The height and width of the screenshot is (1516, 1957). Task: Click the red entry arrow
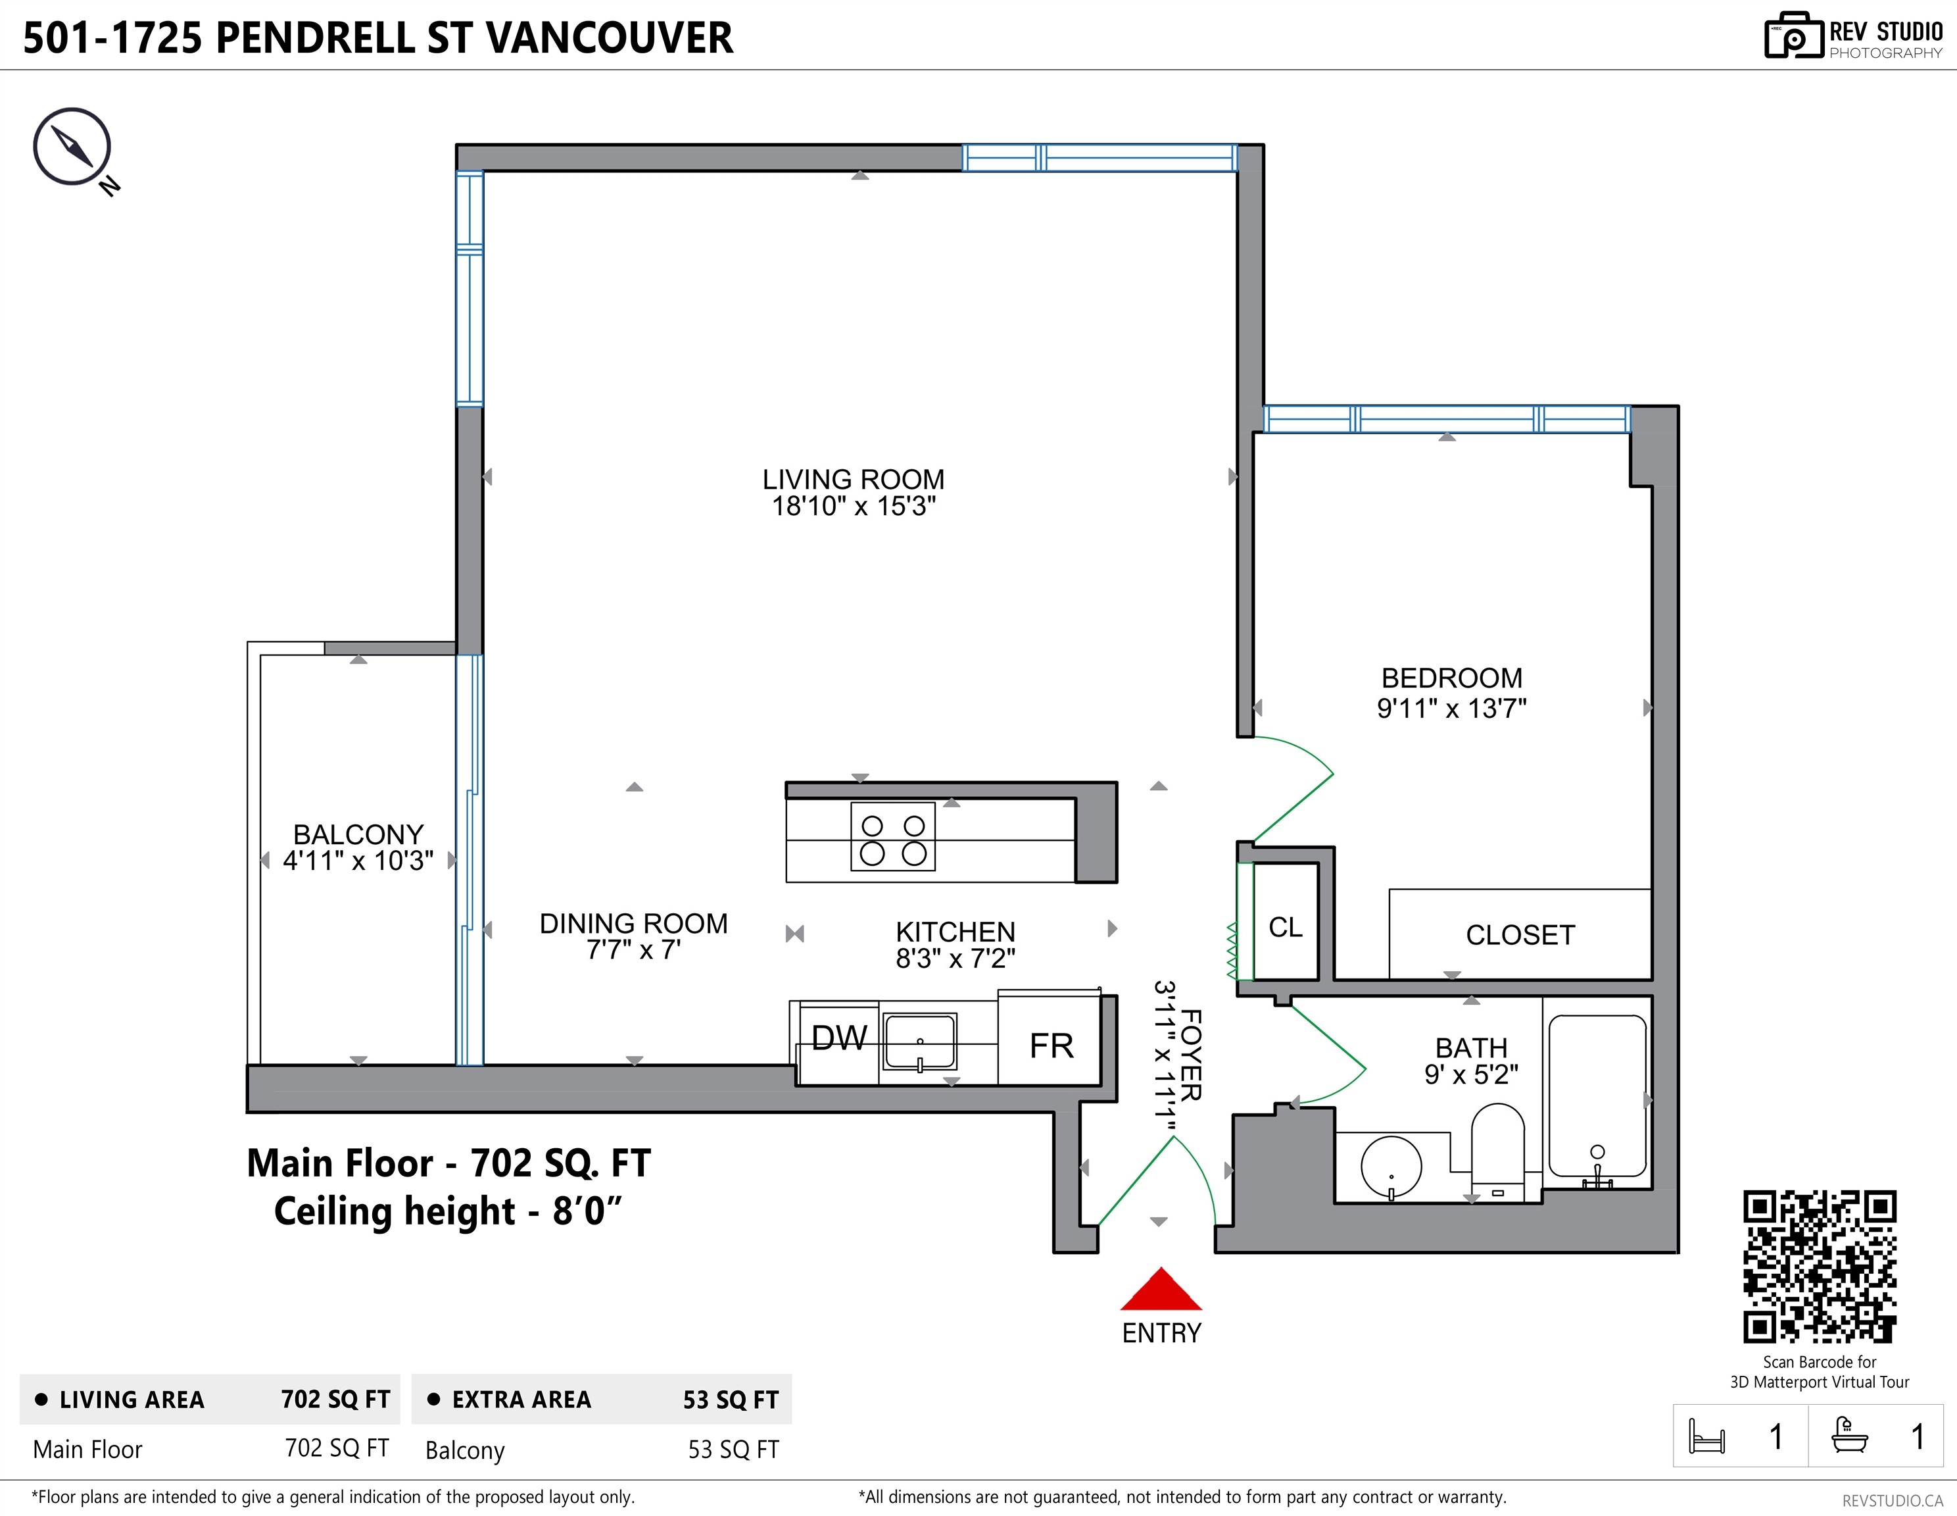click(x=1161, y=1291)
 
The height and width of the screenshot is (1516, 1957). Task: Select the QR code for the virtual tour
click(x=1819, y=1266)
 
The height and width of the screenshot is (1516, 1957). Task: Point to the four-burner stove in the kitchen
click(x=892, y=838)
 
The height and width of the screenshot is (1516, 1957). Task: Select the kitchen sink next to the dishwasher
click(x=920, y=1041)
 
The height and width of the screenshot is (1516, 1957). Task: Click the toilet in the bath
click(x=1497, y=1152)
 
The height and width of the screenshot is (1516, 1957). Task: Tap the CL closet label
click(x=1285, y=927)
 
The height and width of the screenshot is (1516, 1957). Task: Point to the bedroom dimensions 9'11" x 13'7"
click(x=1451, y=708)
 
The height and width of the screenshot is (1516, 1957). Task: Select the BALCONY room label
click(x=358, y=834)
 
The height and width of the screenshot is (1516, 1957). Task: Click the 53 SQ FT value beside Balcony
click(x=733, y=1450)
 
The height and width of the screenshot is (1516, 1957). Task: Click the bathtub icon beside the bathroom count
click(x=1849, y=1435)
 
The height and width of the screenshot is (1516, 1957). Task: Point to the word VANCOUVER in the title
click(x=610, y=38)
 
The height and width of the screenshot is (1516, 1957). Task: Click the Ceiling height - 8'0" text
click(x=447, y=1211)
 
